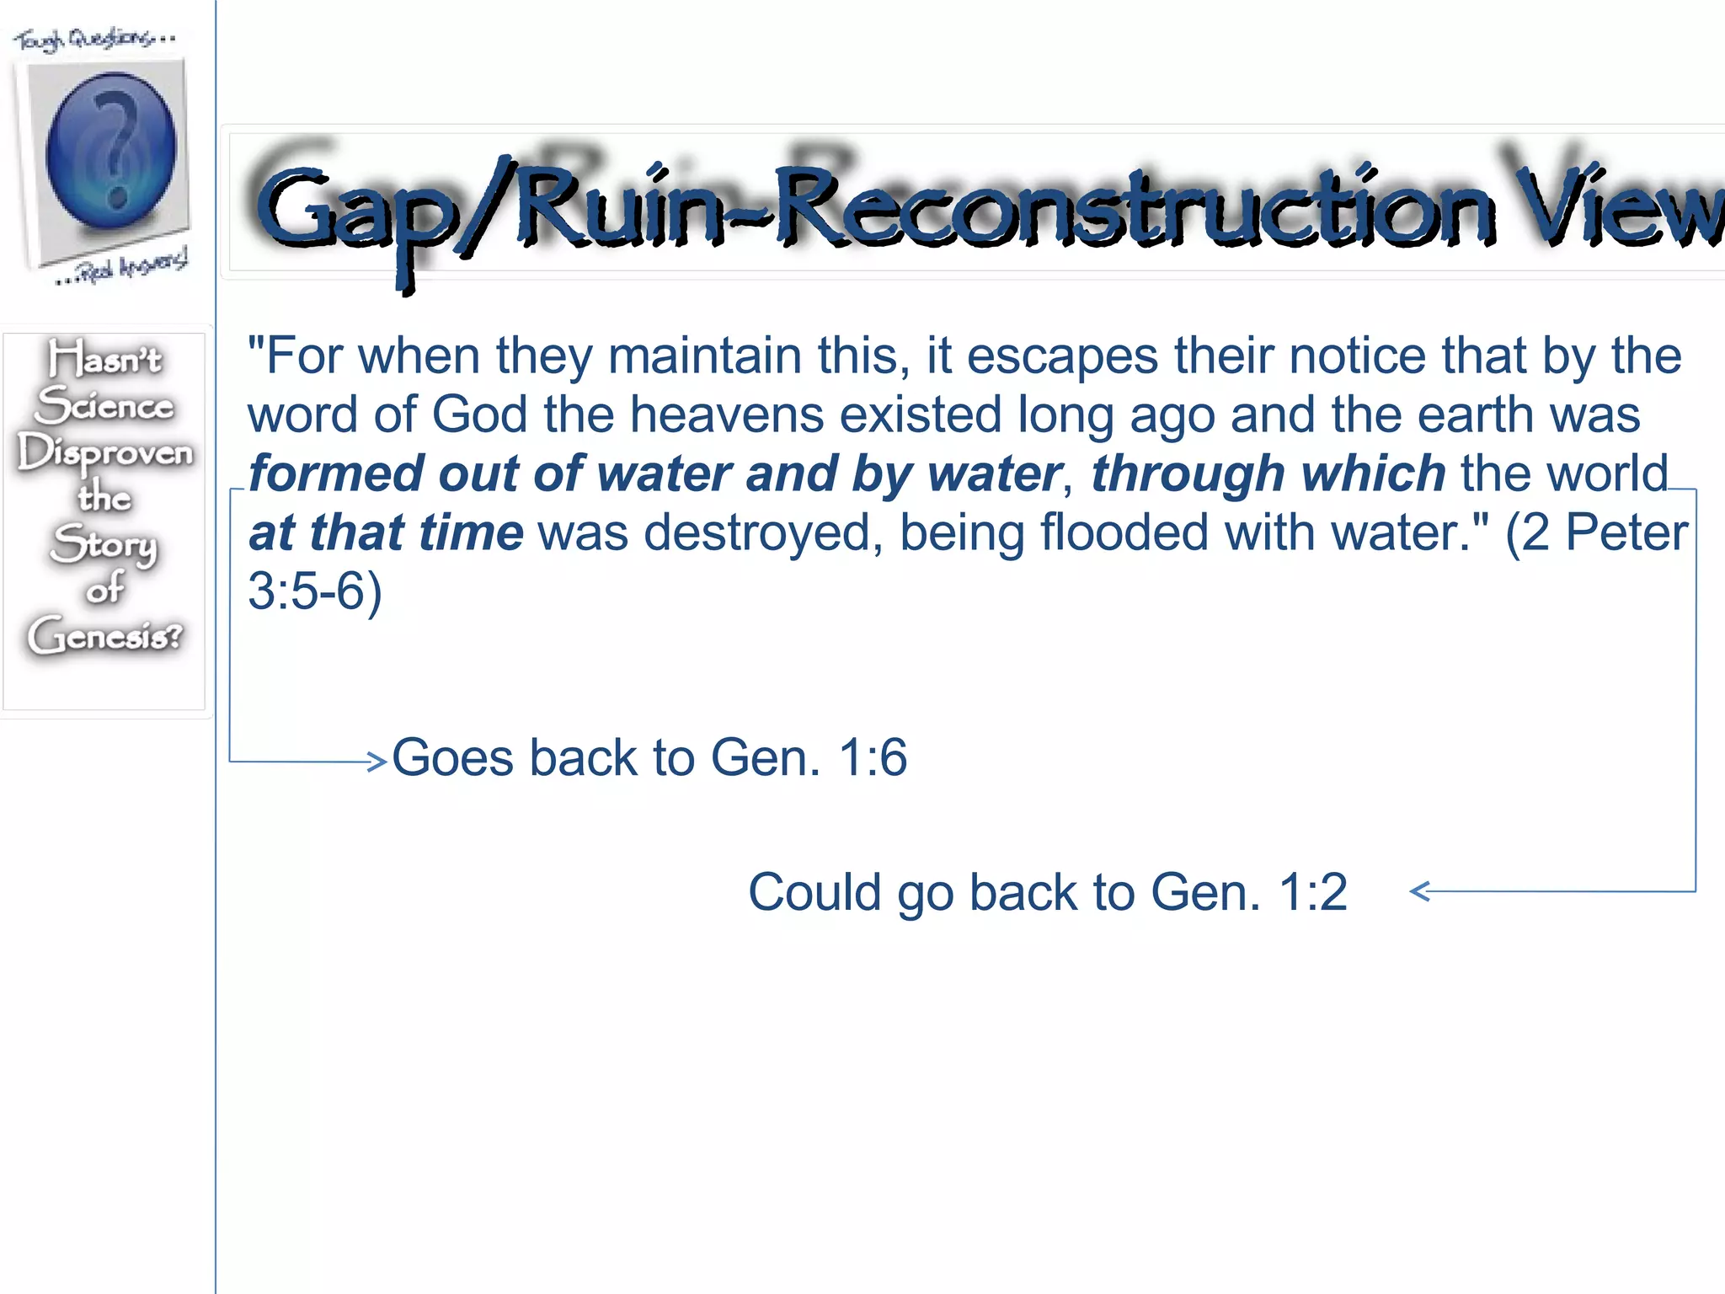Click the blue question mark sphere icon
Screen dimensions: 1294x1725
(x=110, y=152)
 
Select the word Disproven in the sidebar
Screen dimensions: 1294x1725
(x=105, y=453)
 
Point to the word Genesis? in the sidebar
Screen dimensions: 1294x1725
(x=105, y=634)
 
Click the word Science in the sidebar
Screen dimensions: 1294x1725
(x=105, y=406)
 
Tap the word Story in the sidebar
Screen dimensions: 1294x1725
(x=104, y=543)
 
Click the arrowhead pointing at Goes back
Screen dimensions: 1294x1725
(x=377, y=761)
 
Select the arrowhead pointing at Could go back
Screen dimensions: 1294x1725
(x=1420, y=891)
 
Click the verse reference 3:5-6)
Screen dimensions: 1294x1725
(x=314, y=591)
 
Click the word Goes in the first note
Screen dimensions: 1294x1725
(x=452, y=757)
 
